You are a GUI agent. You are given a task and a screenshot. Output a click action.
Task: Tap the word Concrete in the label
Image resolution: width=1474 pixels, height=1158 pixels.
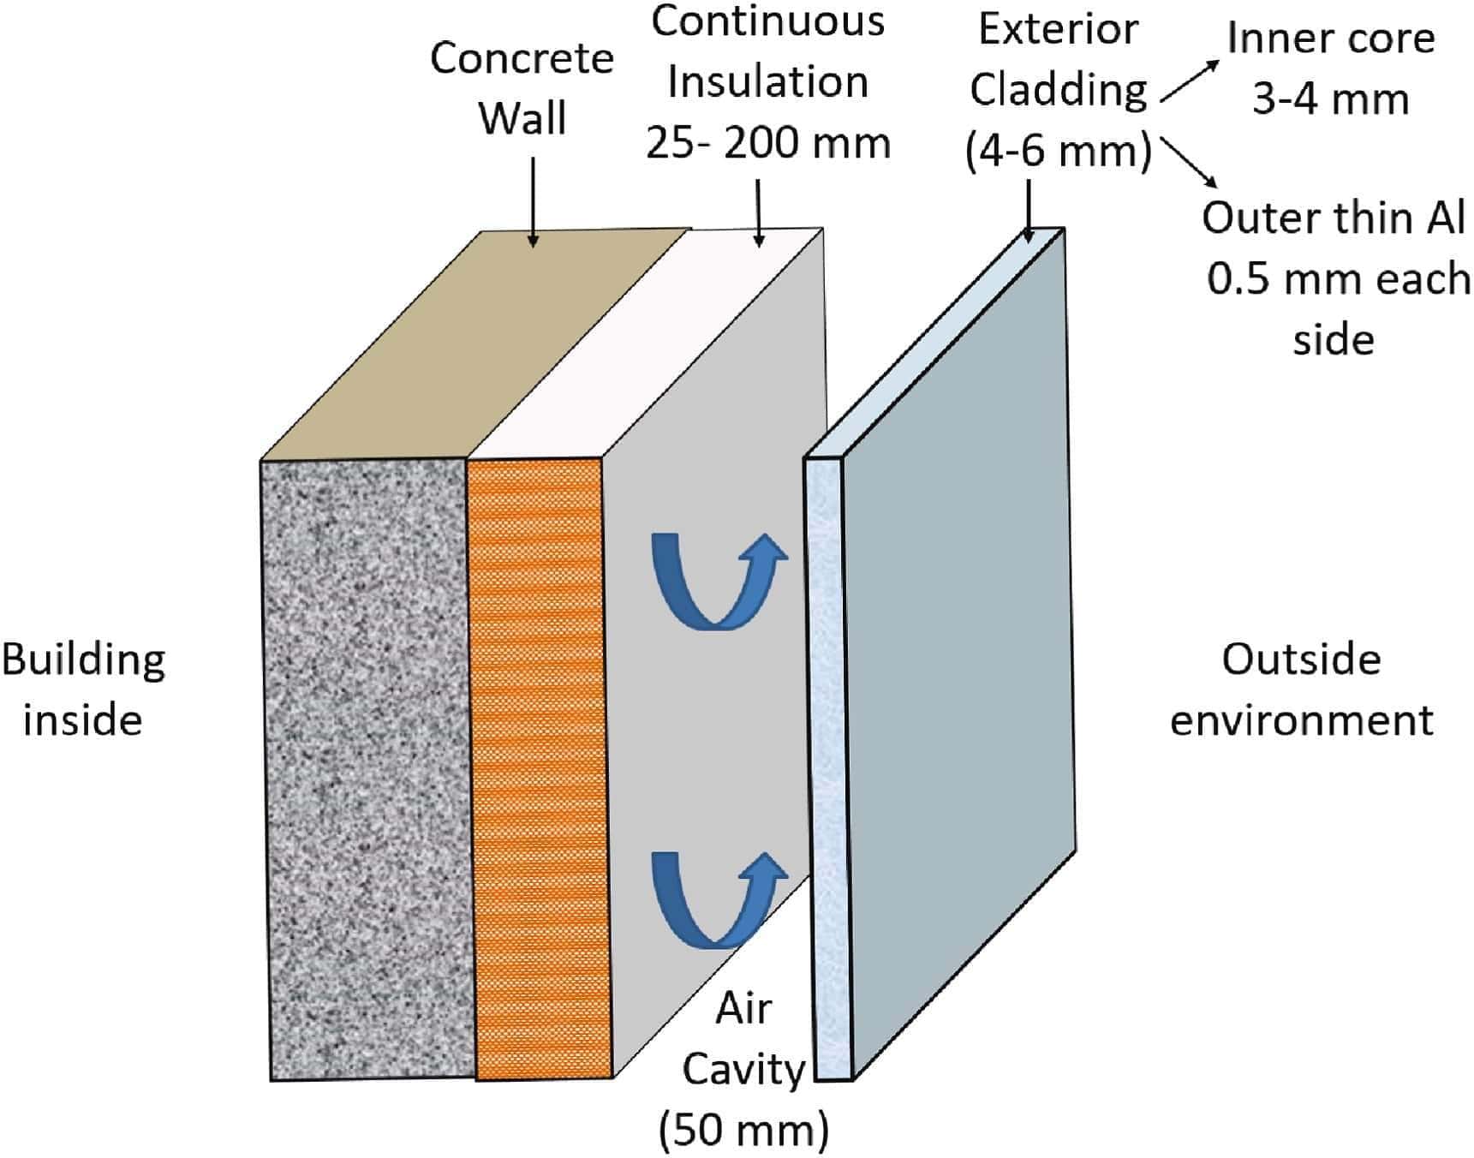[522, 59]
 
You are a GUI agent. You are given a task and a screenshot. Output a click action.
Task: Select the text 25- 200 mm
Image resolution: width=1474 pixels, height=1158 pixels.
[768, 143]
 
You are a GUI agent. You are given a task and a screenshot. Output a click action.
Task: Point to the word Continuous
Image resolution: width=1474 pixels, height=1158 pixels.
[768, 21]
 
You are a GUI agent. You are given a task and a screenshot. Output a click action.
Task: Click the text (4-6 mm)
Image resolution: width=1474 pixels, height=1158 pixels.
[1059, 152]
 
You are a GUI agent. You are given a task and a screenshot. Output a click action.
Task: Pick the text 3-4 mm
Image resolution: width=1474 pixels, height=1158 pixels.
[1330, 99]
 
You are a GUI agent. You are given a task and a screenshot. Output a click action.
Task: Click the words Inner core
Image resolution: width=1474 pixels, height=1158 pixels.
[1330, 39]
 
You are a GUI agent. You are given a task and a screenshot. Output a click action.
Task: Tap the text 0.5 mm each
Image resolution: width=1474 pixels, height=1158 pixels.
[1338, 279]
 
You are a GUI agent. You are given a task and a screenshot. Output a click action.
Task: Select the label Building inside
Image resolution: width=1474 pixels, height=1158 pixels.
[83, 689]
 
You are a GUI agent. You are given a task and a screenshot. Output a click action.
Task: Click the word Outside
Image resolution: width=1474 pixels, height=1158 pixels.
[1301, 660]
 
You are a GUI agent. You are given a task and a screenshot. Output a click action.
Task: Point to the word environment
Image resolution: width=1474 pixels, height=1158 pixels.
[1301, 720]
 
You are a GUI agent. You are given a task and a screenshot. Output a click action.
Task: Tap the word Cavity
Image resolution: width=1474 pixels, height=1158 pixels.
[743, 1070]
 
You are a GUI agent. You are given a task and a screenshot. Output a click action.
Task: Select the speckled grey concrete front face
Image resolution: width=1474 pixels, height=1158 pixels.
[368, 771]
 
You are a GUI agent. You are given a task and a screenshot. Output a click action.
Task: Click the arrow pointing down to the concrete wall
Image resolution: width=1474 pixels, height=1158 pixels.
[533, 201]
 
